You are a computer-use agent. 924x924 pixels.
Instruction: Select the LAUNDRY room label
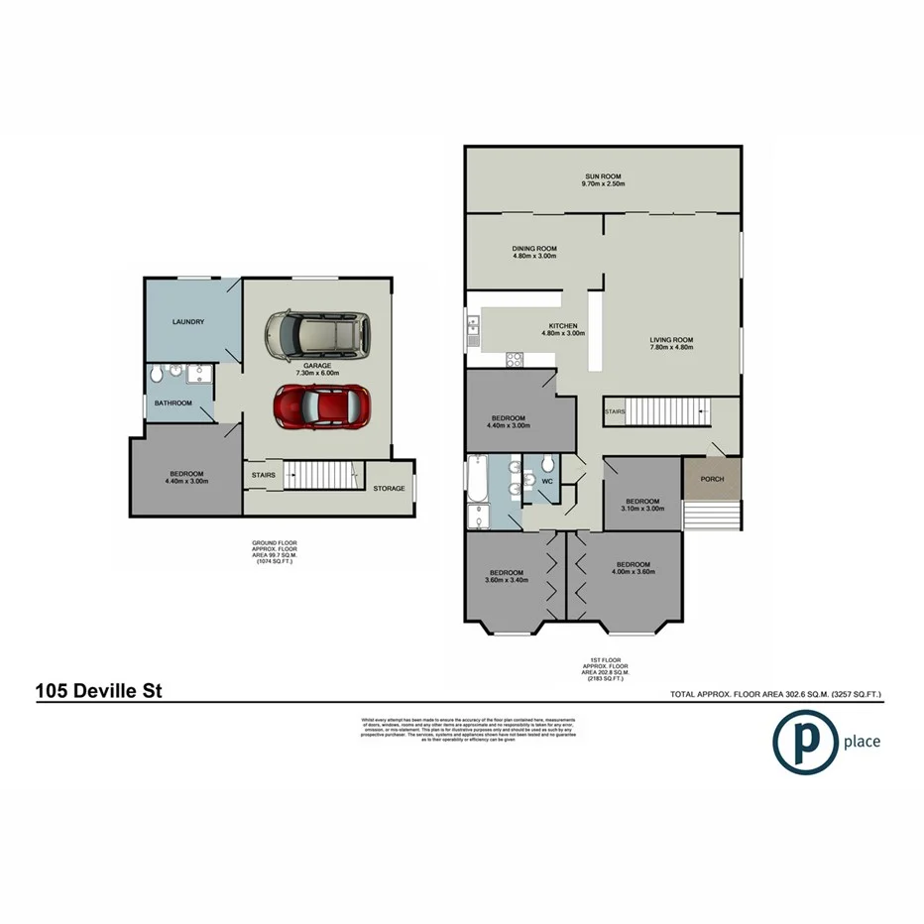click(187, 321)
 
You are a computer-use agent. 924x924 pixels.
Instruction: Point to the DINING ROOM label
click(534, 249)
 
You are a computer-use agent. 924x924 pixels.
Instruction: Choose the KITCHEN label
click(563, 326)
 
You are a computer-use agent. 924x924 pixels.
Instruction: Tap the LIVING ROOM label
click(671, 340)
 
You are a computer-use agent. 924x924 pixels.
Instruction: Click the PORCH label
click(712, 480)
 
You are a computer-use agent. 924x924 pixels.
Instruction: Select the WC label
click(546, 483)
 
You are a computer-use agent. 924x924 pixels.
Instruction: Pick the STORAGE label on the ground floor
click(389, 488)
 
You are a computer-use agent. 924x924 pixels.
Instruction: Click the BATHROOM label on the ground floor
click(172, 404)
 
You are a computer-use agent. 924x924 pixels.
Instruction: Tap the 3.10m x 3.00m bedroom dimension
click(641, 509)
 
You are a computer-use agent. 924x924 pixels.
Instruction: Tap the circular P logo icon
click(804, 741)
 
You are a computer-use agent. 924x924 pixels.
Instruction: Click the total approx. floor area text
click(775, 694)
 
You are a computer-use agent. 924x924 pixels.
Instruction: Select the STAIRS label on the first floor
click(616, 409)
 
